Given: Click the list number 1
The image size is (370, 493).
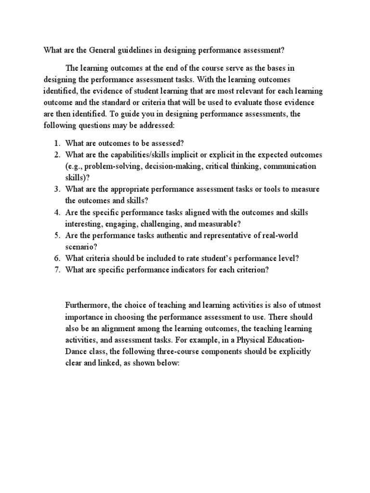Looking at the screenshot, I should (56, 143).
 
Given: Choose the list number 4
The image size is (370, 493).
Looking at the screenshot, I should (56, 213).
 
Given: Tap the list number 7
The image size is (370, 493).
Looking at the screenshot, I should (56, 270).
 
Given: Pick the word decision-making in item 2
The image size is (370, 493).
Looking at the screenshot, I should (171, 166).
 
